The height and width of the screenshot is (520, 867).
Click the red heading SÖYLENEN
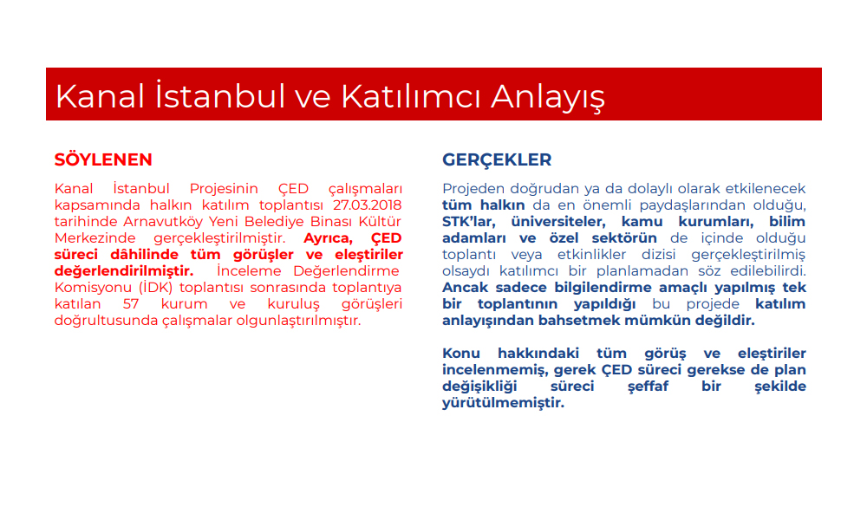click(x=103, y=159)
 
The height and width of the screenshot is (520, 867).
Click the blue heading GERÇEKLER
click(x=497, y=159)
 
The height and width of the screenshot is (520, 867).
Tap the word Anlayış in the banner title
click(x=547, y=97)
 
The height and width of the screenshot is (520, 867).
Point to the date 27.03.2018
click(x=367, y=205)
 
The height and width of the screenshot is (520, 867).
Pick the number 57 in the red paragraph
click(x=131, y=304)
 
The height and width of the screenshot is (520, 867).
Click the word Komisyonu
click(x=94, y=289)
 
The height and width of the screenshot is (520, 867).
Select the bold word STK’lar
click(x=468, y=222)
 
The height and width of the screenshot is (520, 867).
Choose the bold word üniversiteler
click(x=557, y=222)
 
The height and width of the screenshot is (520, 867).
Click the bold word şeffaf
click(x=648, y=387)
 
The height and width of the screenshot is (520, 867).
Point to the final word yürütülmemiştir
click(x=503, y=403)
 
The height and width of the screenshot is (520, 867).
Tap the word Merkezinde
click(x=95, y=238)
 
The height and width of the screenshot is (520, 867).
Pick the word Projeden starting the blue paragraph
click(x=473, y=189)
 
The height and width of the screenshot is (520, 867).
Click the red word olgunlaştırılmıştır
click(x=298, y=321)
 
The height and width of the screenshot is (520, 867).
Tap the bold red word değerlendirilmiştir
click(x=124, y=271)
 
